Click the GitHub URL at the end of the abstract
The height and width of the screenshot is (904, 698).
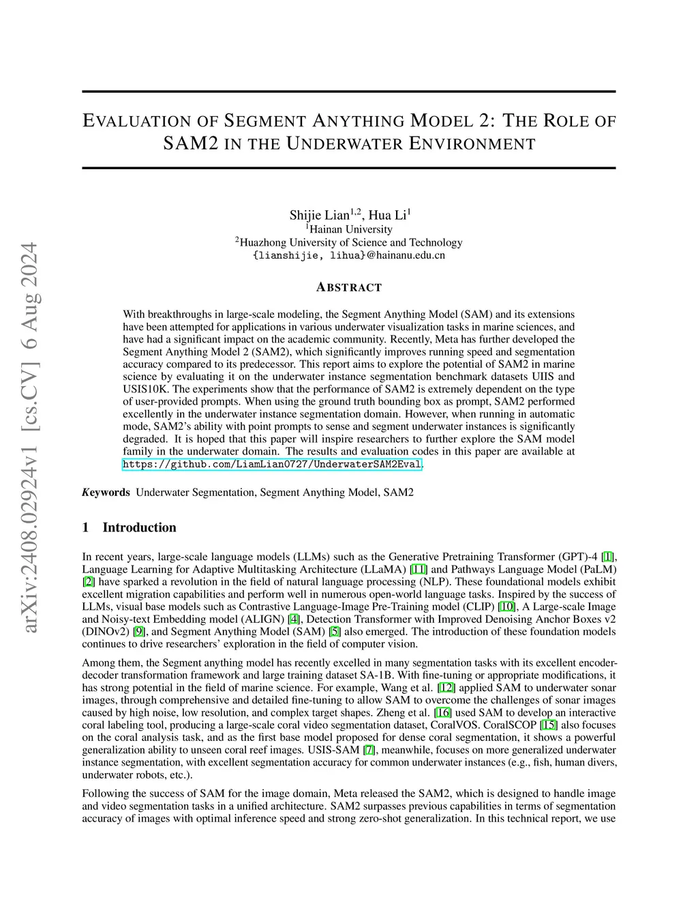click(273, 465)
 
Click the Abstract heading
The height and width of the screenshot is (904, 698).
click(349, 287)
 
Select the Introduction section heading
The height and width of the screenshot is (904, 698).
click(139, 527)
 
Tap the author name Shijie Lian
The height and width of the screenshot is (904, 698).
click(319, 216)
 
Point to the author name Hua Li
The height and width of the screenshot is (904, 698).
click(387, 216)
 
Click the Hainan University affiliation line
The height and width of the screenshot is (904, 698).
click(349, 229)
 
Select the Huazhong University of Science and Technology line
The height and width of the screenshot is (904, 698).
click(349, 242)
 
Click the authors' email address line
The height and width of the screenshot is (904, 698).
click(349, 255)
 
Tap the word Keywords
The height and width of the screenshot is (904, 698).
click(106, 492)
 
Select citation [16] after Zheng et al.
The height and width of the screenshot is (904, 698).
click(442, 712)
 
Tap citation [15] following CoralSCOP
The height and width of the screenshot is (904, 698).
click(548, 725)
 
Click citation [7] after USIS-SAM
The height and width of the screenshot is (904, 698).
click(369, 750)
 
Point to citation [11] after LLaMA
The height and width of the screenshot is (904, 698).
click(419, 569)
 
